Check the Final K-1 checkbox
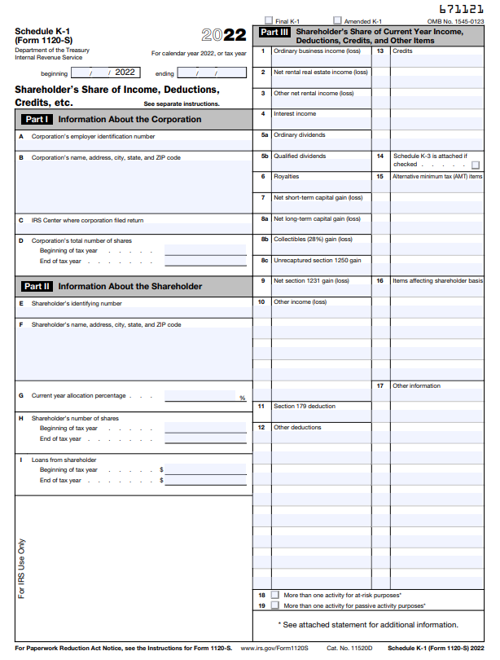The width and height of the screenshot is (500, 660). pos(269,20)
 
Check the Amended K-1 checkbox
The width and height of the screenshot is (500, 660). pos(338,20)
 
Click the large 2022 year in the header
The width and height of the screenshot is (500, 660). pos(224,35)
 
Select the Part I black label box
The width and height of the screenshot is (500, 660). pos(37,119)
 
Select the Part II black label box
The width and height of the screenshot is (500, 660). pos(37,286)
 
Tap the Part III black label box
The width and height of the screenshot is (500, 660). pos(274,33)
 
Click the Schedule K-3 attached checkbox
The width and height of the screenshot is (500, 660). pos(476,164)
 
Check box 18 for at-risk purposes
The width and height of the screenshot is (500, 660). pos(274,596)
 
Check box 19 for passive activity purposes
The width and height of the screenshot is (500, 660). pos(274,606)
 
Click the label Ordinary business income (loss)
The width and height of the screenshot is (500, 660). pos(317,51)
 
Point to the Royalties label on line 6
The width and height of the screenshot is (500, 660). pos(286,176)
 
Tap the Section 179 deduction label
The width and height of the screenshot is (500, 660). pos(304,406)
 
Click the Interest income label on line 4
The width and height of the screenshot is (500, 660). pos(295,114)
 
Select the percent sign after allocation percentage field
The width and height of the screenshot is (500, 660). pos(242,398)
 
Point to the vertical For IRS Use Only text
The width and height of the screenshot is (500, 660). pos(22,568)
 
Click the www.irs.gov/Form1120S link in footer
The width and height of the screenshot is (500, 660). pos(274,648)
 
